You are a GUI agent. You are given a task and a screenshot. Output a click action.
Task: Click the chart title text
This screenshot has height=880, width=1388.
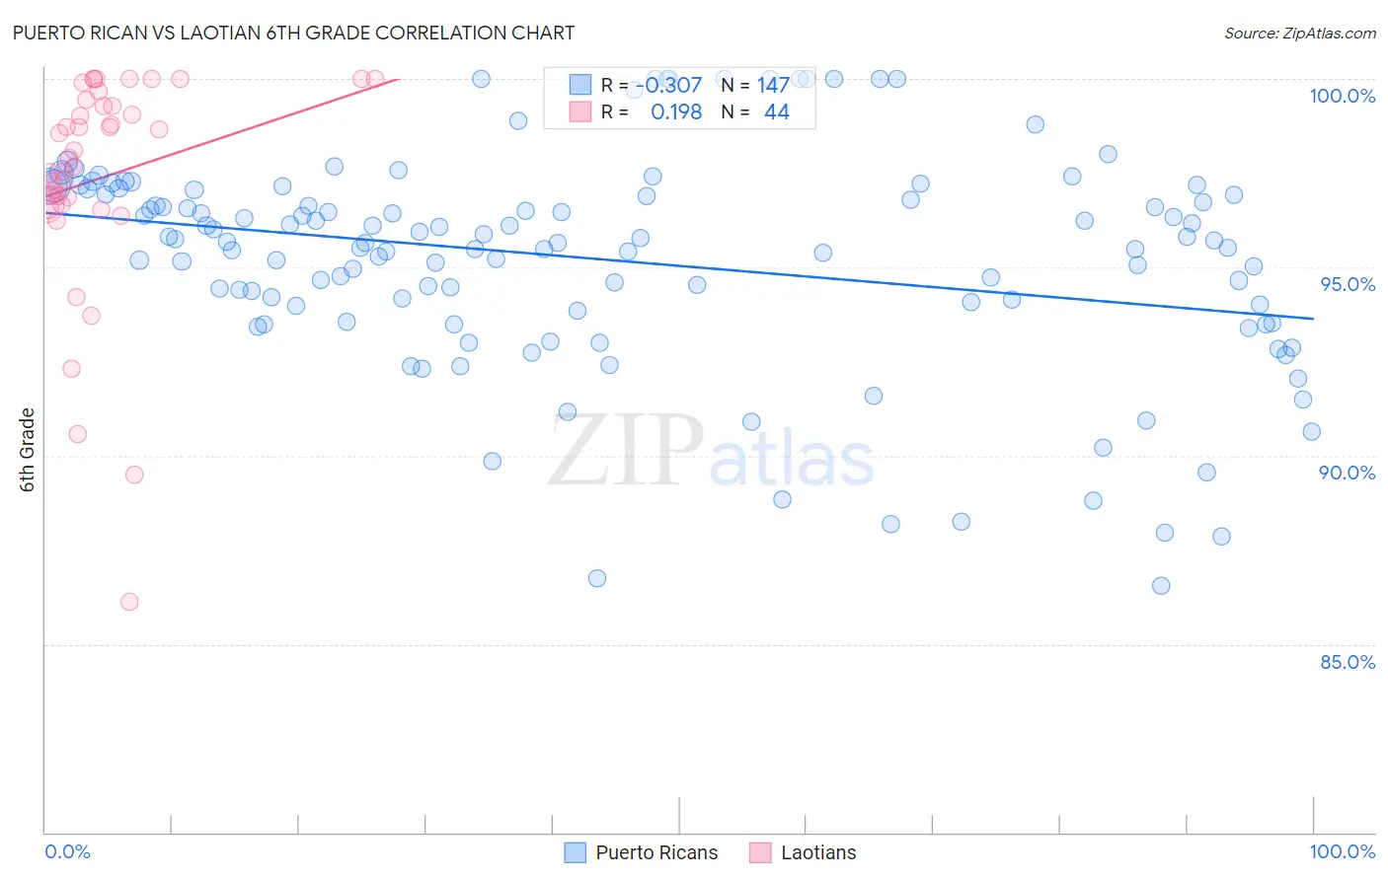293,33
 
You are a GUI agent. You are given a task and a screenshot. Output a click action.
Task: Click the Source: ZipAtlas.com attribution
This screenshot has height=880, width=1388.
1299,33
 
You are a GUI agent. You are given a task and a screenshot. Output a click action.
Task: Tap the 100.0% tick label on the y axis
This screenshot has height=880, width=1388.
1342,96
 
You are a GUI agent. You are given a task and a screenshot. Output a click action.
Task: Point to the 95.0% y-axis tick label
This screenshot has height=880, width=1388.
1348,284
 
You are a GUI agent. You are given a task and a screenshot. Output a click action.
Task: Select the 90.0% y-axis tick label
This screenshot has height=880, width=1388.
1347,473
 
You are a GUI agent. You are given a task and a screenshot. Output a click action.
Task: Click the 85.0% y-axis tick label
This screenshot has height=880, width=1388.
1348,662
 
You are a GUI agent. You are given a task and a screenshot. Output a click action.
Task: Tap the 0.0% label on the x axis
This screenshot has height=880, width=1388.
67,851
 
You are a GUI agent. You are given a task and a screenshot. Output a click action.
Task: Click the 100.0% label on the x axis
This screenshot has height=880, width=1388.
1342,851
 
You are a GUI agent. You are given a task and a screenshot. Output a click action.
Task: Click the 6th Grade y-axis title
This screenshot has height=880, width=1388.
28,450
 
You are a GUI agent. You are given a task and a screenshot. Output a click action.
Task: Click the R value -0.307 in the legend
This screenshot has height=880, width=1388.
668,86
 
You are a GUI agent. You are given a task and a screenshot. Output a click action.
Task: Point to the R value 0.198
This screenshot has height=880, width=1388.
676,112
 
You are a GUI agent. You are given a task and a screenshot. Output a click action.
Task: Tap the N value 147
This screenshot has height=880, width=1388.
773,86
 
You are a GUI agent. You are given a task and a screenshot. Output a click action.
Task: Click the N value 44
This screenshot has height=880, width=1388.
777,112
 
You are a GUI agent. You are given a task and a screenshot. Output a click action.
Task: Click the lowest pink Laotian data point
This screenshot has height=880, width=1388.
129,602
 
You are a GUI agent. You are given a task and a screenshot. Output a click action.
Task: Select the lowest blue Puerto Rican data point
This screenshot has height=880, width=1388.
1161,586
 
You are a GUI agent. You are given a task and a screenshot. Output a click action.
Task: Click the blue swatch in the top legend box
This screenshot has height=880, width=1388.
579,85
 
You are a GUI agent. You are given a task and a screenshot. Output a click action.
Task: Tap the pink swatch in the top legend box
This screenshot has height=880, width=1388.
579,111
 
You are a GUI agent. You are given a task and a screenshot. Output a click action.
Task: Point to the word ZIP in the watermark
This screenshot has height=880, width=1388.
626,451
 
